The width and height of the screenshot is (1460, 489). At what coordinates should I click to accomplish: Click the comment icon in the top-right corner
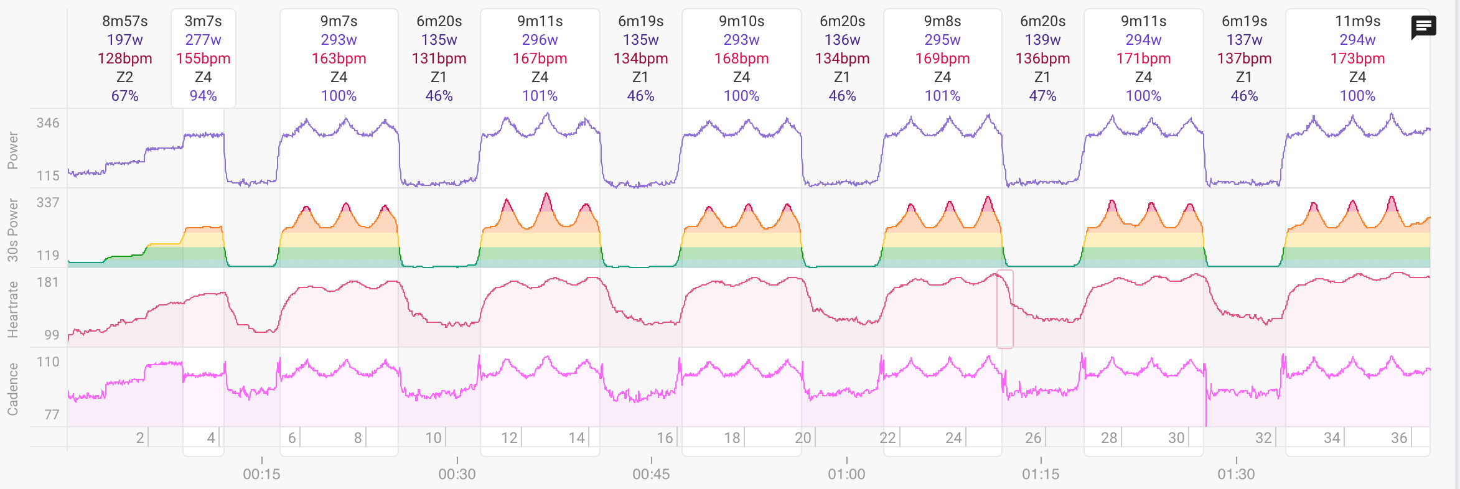[x=1423, y=27]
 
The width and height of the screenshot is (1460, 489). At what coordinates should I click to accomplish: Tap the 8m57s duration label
[x=124, y=21]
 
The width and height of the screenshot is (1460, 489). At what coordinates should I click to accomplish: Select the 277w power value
[x=203, y=40]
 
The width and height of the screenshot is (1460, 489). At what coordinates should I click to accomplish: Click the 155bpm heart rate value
[x=203, y=58]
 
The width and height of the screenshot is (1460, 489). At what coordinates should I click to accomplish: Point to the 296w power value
[x=540, y=40]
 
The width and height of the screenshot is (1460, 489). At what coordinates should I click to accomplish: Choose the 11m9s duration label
[x=1357, y=21]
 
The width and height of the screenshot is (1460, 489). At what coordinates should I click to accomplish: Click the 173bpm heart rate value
[x=1357, y=58]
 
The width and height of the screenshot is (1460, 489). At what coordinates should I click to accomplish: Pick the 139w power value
[x=1042, y=40]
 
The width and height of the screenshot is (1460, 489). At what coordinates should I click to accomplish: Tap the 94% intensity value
[x=203, y=96]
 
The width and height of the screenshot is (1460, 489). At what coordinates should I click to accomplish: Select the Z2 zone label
[x=124, y=77]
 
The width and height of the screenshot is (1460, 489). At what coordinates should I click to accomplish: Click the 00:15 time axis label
[x=261, y=474]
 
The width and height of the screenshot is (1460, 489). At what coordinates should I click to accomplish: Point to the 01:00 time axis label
[x=846, y=474]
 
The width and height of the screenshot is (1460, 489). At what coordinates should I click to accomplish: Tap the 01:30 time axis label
[x=1236, y=474]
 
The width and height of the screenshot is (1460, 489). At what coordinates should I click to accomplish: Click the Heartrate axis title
[x=12, y=309]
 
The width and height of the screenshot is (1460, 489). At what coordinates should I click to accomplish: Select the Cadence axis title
[x=12, y=389]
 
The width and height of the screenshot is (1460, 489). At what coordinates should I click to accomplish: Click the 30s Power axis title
[x=12, y=230]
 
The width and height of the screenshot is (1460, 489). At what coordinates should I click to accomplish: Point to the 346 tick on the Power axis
[x=48, y=123]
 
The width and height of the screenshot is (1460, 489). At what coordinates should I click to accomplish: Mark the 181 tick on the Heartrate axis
[x=48, y=282]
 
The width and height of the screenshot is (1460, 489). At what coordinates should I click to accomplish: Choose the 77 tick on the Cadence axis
[x=52, y=414]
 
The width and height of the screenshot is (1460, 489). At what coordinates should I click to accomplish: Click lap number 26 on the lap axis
[x=1033, y=438]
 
